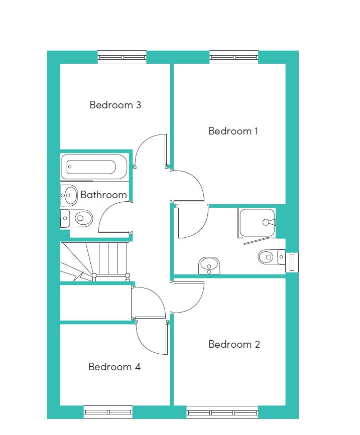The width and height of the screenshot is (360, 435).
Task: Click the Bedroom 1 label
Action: pos(233,131)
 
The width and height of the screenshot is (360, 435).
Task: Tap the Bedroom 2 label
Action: pos(234,344)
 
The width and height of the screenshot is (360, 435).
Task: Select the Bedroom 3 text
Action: pos(115,105)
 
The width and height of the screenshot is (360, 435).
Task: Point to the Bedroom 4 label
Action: pos(114,367)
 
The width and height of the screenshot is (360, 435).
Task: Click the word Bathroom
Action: pos(103,195)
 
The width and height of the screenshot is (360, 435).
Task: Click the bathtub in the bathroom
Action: pos(94,167)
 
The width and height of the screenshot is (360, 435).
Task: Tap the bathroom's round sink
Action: pos(69,195)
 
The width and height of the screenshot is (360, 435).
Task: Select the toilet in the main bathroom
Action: pos(76,218)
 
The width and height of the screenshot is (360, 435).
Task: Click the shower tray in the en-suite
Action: pos(257,223)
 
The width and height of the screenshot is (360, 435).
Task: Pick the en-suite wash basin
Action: pos(209,265)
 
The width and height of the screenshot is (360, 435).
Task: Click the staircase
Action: pos(95,261)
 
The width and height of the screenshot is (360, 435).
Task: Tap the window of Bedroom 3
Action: pos(122,57)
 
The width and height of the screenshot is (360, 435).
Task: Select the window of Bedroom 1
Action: pos(233,57)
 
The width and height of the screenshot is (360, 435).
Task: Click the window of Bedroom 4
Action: pos(108,412)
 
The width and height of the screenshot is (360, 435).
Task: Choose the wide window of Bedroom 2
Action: pos(222,412)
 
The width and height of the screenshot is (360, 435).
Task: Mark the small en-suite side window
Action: pos(292,262)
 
